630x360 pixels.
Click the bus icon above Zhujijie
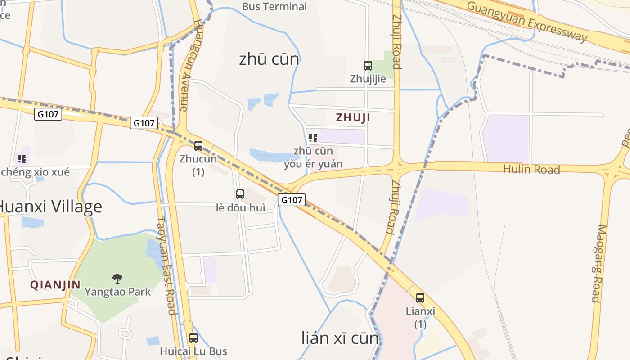tap(368, 66)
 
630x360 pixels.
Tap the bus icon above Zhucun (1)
tap(198, 146)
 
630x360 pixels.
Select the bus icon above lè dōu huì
tap(240, 194)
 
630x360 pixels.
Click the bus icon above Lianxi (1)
tap(420, 298)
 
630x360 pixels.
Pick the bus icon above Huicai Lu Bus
tap(193, 338)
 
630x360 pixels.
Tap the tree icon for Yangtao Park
tap(117, 279)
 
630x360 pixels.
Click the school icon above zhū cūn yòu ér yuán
tap(313, 138)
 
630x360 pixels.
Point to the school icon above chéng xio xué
tap(22, 159)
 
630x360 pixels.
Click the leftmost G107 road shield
tap(48, 114)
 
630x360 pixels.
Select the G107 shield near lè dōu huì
tap(292, 200)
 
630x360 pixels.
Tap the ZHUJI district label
tap(353, 118)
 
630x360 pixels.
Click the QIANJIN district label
tap(55, 285)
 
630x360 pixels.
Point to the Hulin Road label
tap(531, 170)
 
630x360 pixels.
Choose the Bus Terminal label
tap(274, 7)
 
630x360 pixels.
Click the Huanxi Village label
tap(49, 207)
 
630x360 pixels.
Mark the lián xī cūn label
tap(340, 338)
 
